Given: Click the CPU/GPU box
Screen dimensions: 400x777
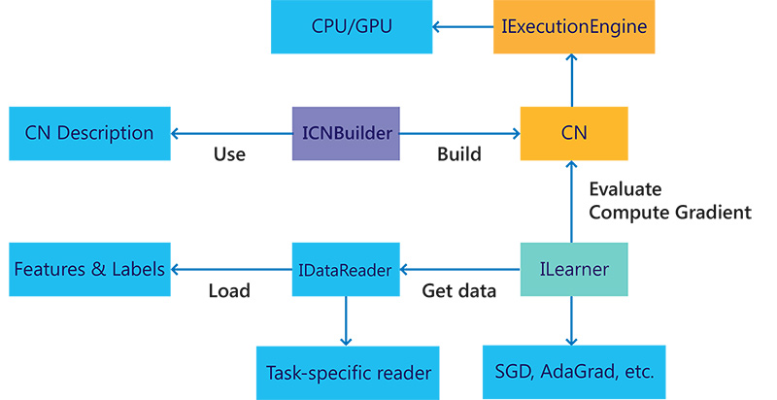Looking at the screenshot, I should tap(352, 27).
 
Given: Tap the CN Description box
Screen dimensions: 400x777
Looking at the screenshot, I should tap(89, 133).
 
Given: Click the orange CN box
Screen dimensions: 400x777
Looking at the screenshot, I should tap(573, 133).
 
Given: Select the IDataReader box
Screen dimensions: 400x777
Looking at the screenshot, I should tap(347, 269).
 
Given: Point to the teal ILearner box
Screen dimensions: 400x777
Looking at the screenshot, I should tap(573, 269).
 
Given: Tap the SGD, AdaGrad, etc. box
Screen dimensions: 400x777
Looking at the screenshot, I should tap(573, 372).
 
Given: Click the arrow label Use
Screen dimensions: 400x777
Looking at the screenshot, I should tap(229, 154).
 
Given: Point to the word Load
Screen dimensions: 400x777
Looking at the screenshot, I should tap(229, 290).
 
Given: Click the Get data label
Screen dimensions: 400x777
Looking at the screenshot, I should tap(458, 290).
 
